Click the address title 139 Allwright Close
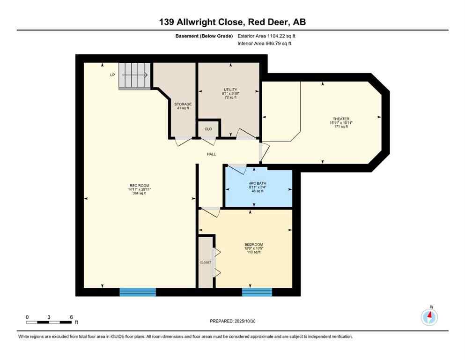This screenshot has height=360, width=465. (x=232, y=22)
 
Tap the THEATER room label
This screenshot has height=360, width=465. (x=340, y=119)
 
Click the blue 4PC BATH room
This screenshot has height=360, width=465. (x=258, y=187)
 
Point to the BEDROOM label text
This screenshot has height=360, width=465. (x=253, y=244)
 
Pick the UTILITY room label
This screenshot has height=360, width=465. (x=230, y=90)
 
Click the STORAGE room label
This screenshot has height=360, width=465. (x=183, y=104)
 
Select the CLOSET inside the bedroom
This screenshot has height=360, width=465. (x=205, y=262)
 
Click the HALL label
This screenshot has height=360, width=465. (x=211, y=154)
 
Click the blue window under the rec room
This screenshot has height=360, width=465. (x=138, y=292)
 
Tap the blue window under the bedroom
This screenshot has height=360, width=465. (x=257, y=292)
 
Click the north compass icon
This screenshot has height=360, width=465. (x=429, y=317)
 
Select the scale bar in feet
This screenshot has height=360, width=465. (x=49, y=322)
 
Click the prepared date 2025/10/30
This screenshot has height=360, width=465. (x=232, y=321)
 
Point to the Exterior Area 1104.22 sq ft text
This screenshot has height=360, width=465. (x=266, y=36)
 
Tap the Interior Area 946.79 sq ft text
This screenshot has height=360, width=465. (x=265, y=44)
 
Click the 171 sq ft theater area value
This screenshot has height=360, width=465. (x=340, y=127)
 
